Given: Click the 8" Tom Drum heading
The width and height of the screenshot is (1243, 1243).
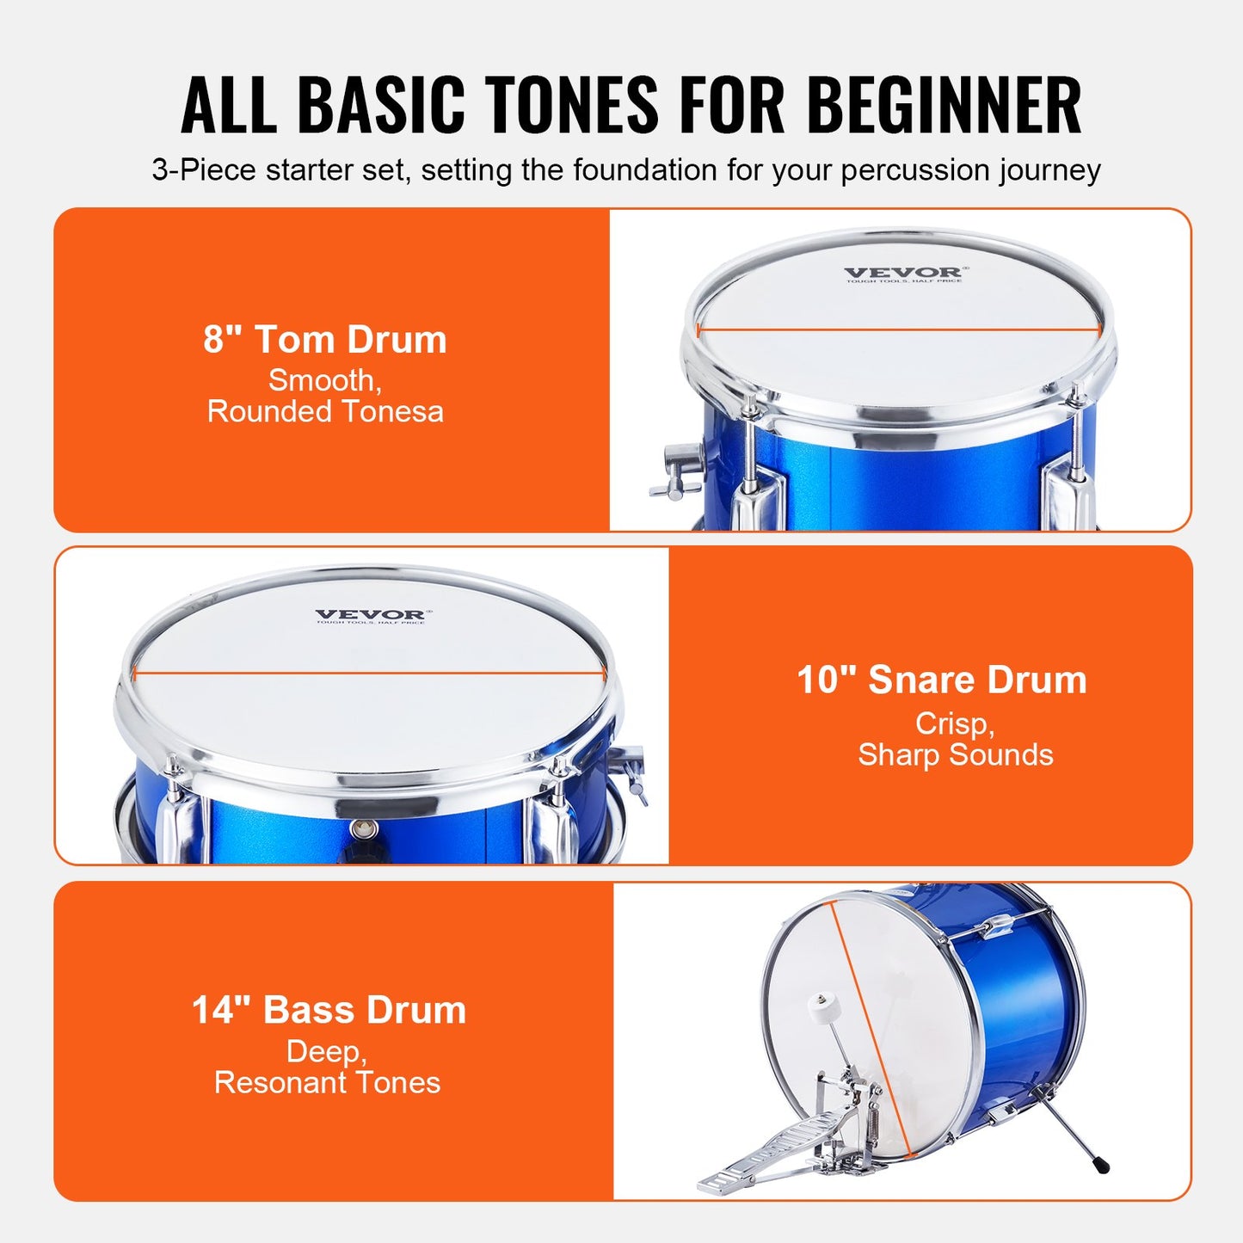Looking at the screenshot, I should (325, 340).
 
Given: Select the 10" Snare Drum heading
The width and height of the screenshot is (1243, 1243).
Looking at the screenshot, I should (942, 680).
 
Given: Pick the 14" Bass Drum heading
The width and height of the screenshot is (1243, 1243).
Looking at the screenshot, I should (329, 1010).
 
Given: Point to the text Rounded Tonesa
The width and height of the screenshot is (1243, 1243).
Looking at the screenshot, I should (325, 411).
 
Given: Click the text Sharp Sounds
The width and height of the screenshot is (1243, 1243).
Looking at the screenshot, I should (955, 754).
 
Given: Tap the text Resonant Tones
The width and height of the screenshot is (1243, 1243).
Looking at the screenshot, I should (327, 1082).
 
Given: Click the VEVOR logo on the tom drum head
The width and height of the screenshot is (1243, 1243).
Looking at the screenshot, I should (903, 274).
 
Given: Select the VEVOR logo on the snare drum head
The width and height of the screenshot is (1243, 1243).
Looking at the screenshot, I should (370, 616).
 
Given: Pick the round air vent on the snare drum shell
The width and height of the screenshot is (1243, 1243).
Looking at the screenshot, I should (364, 829).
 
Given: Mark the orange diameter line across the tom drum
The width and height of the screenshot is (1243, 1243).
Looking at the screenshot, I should (899, 329).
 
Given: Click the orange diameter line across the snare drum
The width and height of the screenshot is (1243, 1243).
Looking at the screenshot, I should (370, 674).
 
